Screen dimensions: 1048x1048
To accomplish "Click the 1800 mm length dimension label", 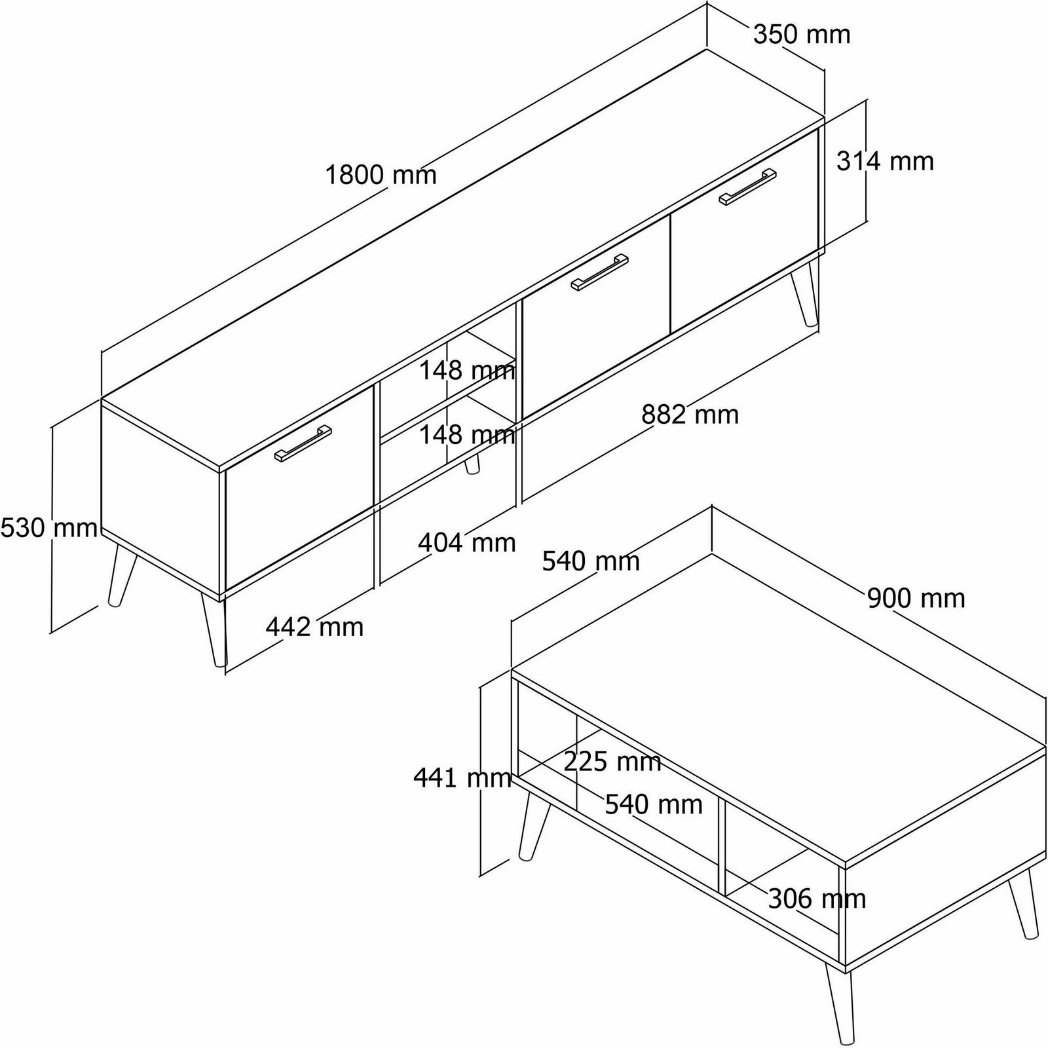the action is pyautogui.click(x=381, y=175).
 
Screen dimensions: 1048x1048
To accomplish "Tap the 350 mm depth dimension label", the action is pyautogui.click(x=802, y=34).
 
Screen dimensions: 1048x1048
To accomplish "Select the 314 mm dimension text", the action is pyautogui.click(x=885, y=161).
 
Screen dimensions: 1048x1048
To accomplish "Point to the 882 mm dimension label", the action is pyautogui.click(x=690, y=415).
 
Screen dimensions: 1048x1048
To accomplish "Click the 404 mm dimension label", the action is pyautogui.click(x=467, y=542).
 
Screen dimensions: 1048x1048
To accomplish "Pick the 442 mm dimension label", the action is pyautogui.click(x=314, y=627).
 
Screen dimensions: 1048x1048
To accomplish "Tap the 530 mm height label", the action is pyautogui.click(x=49, y=527).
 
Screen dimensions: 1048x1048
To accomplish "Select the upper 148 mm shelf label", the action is pyautogui.click(x=467, y=371).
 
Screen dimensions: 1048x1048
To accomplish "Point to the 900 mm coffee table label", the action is pyautogui.click(x=916, y=599).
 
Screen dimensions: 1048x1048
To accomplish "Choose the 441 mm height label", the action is pyautogui.click(x=462, y=778).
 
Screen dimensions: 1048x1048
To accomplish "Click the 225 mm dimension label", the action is pyautogui.click(x=612, y=761).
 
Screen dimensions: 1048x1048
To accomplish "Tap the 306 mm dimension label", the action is pyautogui.click(x=817, y=899).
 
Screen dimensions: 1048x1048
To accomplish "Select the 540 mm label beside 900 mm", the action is pyautogui.click(x=591, y=561).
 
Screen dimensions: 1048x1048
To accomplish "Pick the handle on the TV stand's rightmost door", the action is pyautogui.click(x=747, y=187).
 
